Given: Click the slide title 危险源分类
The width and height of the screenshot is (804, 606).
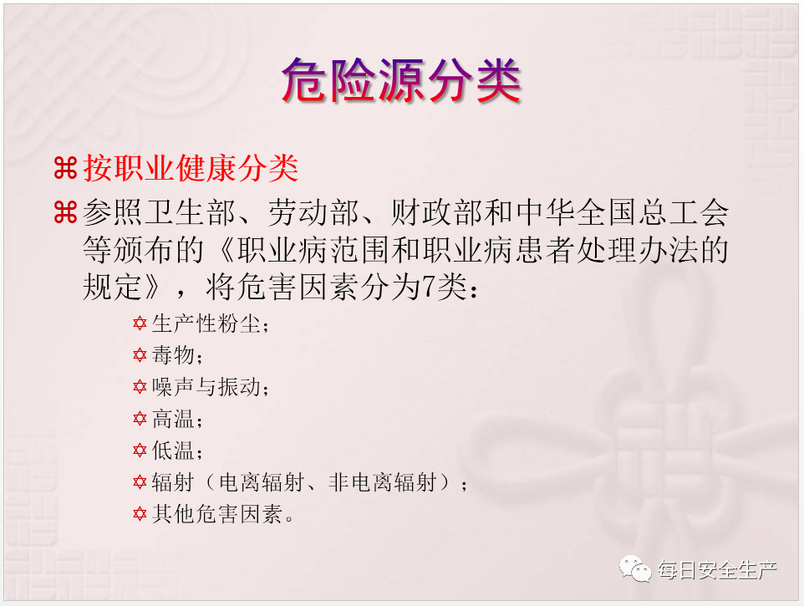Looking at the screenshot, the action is [x=401, y=80].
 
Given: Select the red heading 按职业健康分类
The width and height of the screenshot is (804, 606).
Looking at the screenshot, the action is [x=191, y=168].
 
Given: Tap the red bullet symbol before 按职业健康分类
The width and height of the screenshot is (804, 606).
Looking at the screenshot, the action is [x=65, y=168].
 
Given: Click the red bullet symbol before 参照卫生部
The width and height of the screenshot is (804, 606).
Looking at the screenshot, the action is [x=65, y=212].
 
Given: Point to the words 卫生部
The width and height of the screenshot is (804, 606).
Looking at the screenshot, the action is [x=190, y=212].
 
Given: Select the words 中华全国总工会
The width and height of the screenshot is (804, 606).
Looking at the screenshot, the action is [x=623, y=212].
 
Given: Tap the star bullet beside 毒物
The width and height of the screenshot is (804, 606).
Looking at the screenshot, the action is [x=140, y=354].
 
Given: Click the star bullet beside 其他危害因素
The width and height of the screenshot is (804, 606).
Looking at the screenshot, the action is [x=140, y=514].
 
